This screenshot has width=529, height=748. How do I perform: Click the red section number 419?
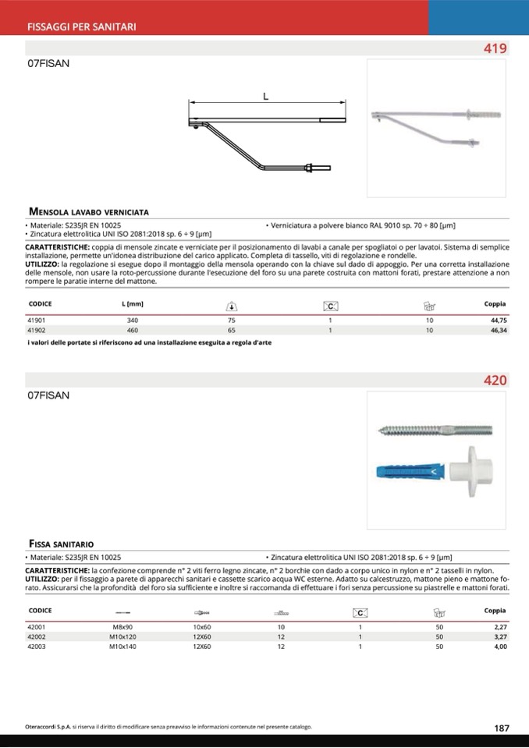495,48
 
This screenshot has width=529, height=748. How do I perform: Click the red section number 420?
495,381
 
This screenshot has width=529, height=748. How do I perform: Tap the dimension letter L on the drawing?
266,97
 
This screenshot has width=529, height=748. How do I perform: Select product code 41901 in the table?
37,321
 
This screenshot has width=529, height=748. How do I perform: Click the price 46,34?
499,331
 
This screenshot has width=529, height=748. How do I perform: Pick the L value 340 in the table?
132,321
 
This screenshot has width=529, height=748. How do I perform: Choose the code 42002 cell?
37,636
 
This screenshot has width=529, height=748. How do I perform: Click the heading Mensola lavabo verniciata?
88,211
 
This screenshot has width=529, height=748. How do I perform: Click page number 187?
502,728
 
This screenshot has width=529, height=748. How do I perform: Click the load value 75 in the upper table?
231,321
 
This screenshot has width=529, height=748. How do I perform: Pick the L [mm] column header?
133,303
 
